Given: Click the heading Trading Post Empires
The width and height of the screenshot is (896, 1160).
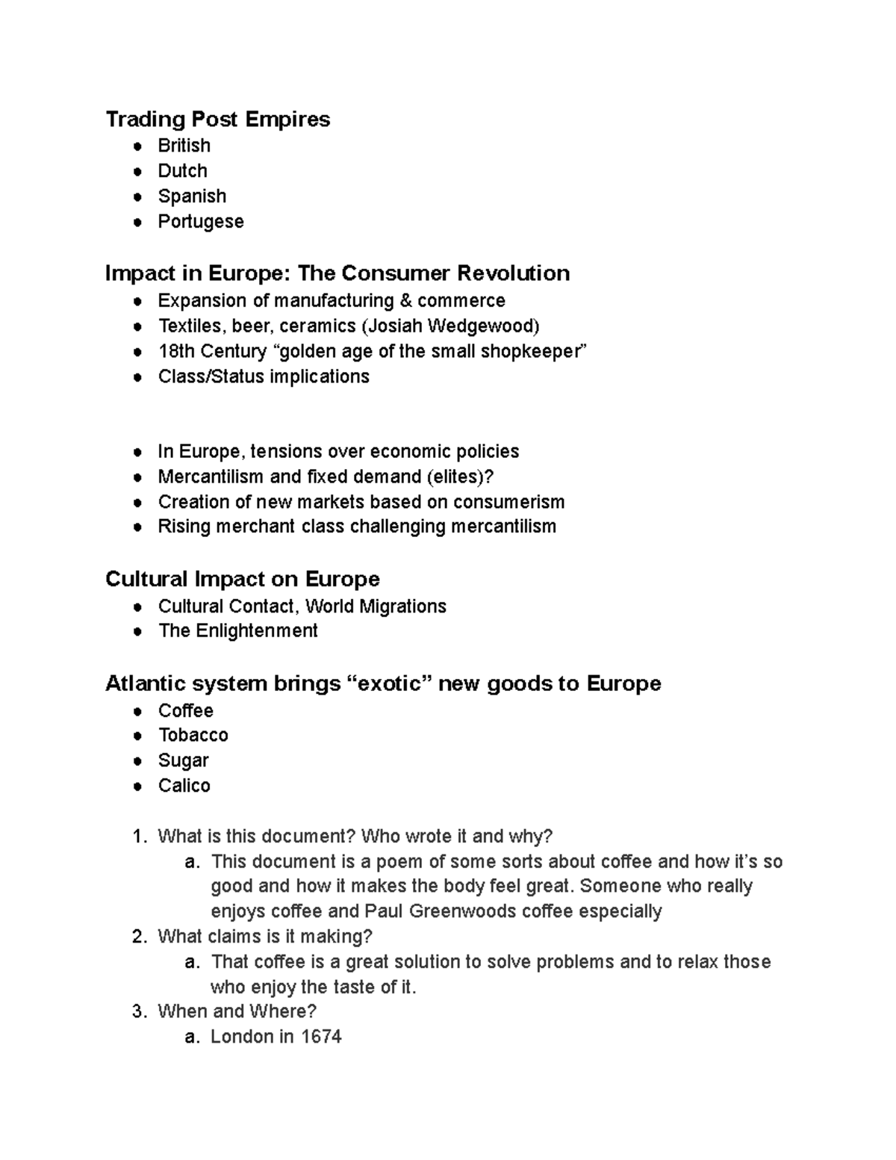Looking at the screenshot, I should pyautogui.click(x=217, y=120).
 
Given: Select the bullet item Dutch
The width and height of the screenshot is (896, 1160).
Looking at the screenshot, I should pyautogui.click(x=182, y=171).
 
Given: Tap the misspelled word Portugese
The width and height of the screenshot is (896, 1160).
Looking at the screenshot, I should pyautogui.click(x=200, y=222).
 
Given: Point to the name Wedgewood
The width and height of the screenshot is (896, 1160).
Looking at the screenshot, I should pyautogui.click(x=491, y=326).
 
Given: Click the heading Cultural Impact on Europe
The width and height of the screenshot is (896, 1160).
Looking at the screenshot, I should pyautogui.click(x=242, y=579).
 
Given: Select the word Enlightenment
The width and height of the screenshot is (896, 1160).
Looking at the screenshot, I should pyautogui.click(x=257, y=631).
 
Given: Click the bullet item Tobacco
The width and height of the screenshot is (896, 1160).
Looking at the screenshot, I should pyautogui.click(x=193, y=736).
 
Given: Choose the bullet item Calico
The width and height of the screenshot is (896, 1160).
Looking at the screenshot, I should pyautogui.click(x=184, y=786).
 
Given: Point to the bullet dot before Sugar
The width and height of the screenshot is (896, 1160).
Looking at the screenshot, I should pyautogui.click(x=137, y=761).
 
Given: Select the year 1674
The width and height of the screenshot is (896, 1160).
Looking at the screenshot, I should pyautogui.click(x=321, y=1037).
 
